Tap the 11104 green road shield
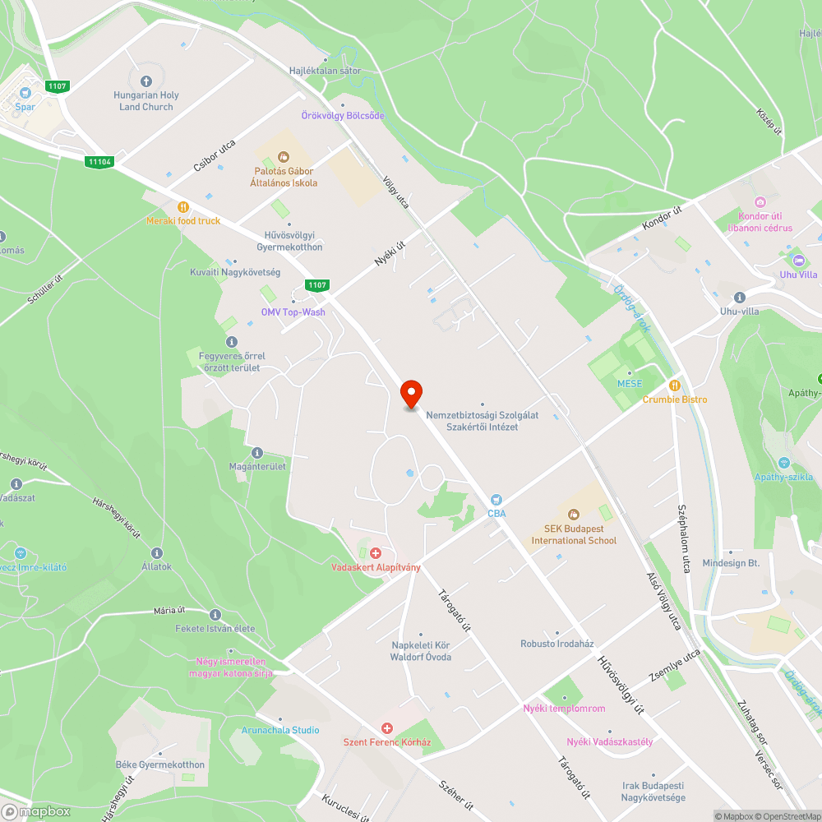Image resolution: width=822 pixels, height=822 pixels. click(x=99, y=162)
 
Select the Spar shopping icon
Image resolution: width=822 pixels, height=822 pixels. click(x=25, y=93)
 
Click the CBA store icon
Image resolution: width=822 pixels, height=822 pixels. click(x=496, y=499)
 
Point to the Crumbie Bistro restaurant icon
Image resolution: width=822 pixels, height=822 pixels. click(x=674, y=385)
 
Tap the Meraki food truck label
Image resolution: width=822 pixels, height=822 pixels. click(x=183, y=220)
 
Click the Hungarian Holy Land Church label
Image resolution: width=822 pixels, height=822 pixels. click(x=146, y=101)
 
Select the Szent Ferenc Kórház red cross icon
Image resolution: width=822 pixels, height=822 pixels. click(x=387, y=728)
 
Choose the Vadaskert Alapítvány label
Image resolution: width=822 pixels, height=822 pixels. click(x=376, y=567)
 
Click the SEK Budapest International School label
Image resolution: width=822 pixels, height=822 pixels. click(x=574, y=535)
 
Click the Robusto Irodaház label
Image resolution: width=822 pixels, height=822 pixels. click(x=556, y=644)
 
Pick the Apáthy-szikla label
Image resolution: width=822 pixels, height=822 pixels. click(x=784, y=477)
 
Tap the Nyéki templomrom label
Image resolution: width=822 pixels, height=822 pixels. click(x=564, y=709)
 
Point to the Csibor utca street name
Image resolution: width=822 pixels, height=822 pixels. click(x=214, y=156)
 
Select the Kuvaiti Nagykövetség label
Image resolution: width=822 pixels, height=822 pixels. click(x=235, y=272)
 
